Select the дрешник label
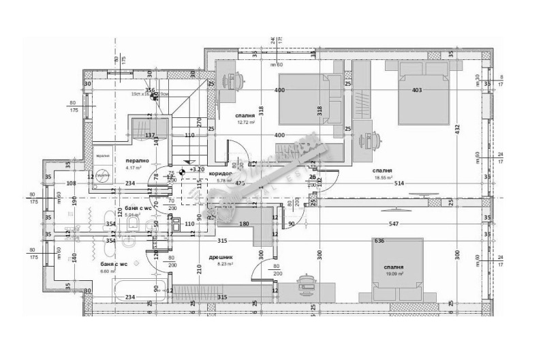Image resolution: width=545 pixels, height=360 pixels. pos(221,257)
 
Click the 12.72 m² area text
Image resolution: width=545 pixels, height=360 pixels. pos(245,123)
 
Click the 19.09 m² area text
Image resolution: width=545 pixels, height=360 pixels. pos(395,273)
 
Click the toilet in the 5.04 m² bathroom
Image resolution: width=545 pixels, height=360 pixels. pos(134,223)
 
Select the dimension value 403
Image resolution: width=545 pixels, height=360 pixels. pos(417,90)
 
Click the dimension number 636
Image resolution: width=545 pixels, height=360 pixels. pos(379,241)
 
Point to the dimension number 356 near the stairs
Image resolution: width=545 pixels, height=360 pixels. pos(150,90)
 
